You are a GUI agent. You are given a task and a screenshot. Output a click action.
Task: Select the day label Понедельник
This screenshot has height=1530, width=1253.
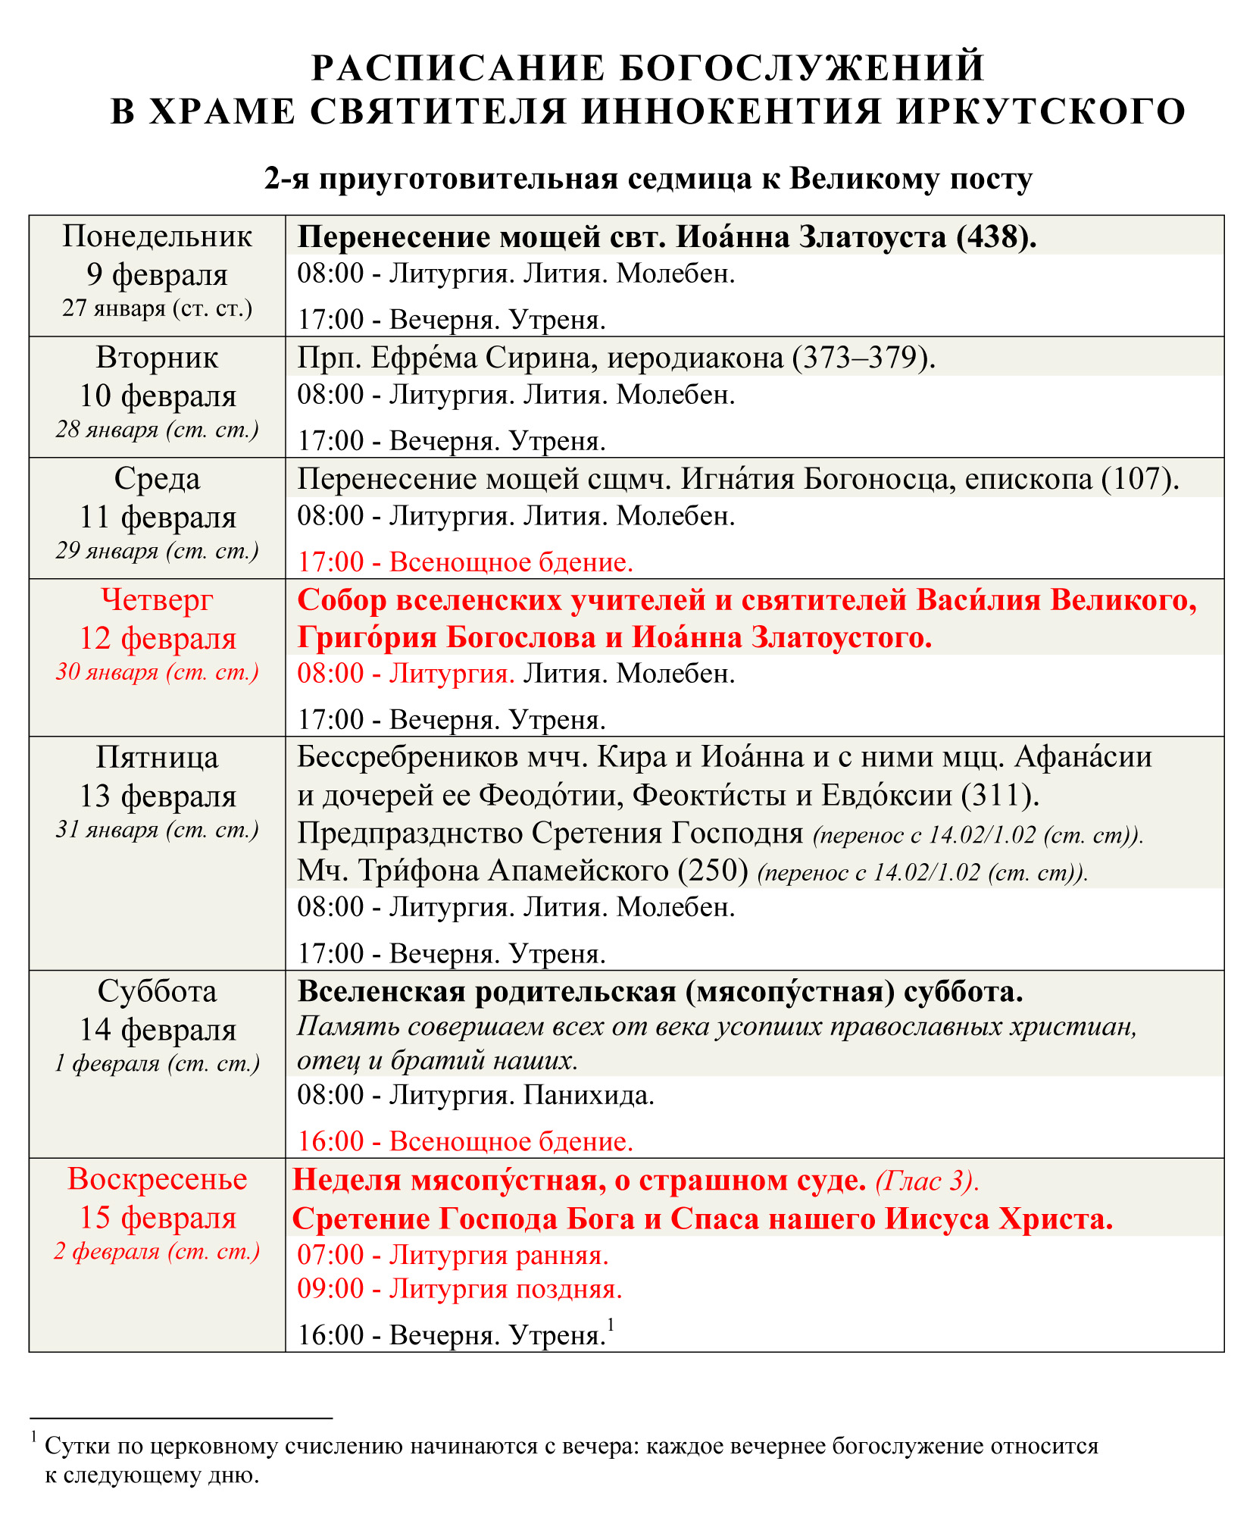[157, 236]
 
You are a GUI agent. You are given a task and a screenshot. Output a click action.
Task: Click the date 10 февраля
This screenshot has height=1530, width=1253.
[158, 396]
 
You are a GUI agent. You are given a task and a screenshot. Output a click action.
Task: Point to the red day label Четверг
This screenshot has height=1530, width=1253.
[157, 600]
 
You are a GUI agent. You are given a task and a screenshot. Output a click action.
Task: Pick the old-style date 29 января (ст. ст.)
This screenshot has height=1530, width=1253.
[157, 551]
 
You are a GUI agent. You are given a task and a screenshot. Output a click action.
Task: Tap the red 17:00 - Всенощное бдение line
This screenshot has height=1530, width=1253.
[465, 562]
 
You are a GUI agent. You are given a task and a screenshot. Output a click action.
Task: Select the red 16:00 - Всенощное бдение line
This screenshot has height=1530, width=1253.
[465, 1141]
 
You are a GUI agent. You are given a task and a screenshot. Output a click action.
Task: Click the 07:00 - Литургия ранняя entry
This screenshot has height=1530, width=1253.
[453, 1256]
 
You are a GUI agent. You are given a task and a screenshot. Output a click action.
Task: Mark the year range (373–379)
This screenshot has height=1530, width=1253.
[864, 358]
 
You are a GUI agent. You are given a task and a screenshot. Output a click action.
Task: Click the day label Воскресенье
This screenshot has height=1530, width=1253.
[157, 1179]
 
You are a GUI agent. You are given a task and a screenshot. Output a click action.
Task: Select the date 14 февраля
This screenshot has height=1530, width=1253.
[158, 1030]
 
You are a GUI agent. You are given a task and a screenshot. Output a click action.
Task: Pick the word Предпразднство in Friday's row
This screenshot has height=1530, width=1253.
[410, 834]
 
